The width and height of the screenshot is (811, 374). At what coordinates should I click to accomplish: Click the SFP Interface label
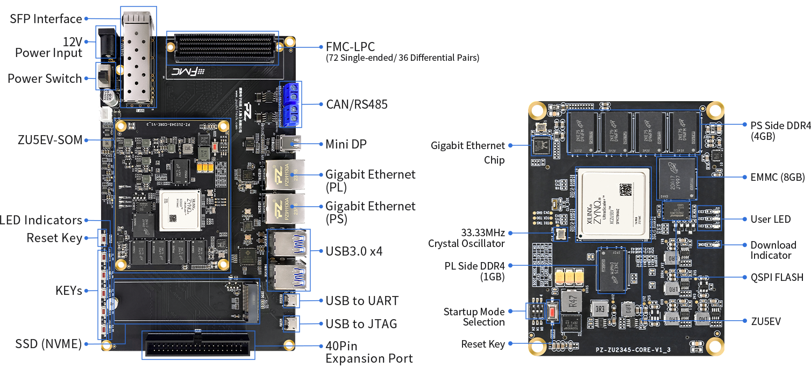tap(46, 19)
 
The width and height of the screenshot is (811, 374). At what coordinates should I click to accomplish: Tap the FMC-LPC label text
tap(350, 47)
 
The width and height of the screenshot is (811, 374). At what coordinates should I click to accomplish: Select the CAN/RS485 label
tap(357, 104)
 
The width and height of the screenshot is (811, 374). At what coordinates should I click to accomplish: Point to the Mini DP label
tap(346, 144)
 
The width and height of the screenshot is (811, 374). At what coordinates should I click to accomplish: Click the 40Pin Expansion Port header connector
tap(198, 345)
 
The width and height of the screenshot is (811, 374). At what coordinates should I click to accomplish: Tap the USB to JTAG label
tap(361, 324)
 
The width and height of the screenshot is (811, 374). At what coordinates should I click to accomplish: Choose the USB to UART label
tap(362, 300)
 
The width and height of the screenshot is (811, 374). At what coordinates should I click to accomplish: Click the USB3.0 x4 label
tap(354, 251)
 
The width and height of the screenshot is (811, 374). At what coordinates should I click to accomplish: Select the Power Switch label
tap(45, 79)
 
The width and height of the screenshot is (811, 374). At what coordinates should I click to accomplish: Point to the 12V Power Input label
tap(48, 47)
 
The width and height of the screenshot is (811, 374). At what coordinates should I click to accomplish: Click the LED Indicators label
tap(41, 220)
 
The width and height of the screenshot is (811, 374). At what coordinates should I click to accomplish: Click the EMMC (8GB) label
tap(778, 177)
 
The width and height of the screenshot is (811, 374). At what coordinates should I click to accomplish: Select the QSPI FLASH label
tap(777, 277)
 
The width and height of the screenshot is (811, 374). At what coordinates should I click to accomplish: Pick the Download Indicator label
tap(773, 250)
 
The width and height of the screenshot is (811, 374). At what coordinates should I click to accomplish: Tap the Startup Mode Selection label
tap(474, 316)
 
